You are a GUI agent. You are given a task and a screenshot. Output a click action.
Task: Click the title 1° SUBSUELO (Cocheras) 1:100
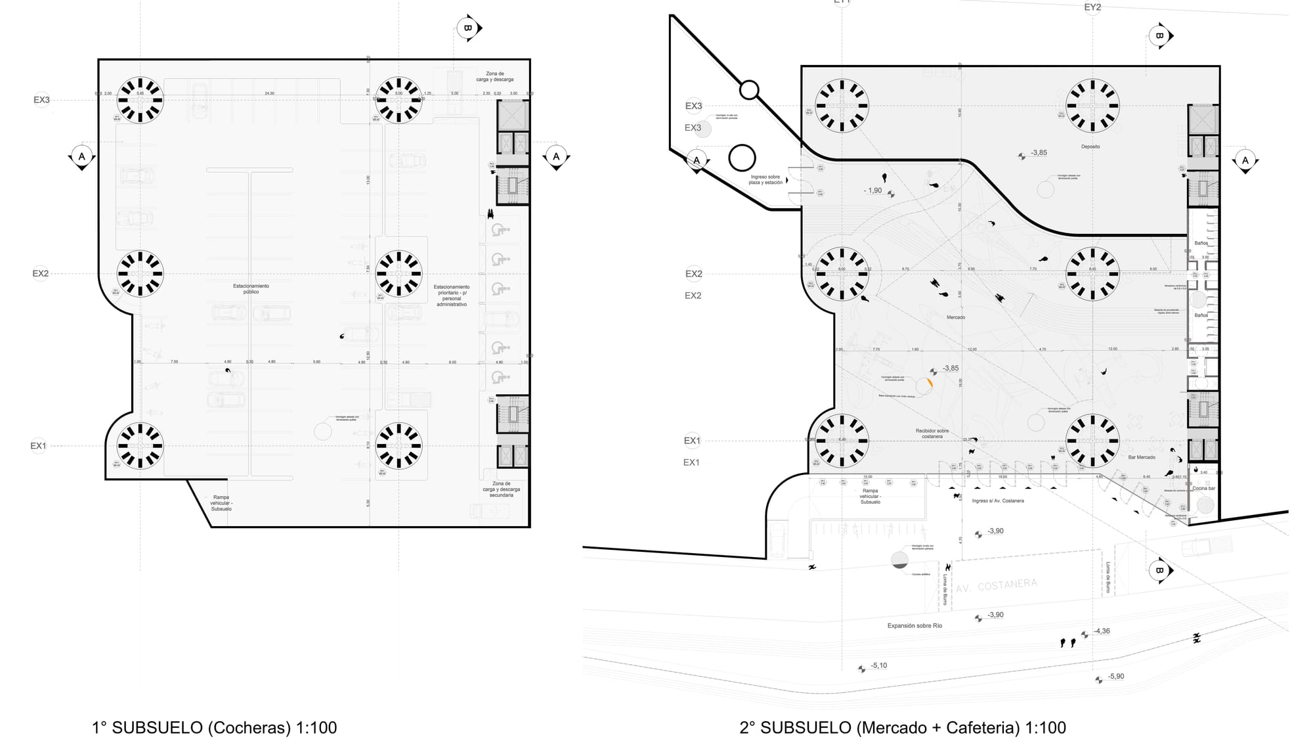pos(214,727)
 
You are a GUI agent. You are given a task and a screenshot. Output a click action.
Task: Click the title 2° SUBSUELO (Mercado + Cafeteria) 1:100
pos(903,727)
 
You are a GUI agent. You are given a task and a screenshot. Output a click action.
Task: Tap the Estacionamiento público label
pos(251,289)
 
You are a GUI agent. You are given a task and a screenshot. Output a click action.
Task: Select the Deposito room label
pos(1090,146)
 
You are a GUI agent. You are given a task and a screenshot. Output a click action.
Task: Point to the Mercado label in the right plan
pos(956,317)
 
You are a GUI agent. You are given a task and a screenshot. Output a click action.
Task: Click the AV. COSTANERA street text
pos(997,585)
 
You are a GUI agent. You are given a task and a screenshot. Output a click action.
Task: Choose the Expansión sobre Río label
pos(915,625)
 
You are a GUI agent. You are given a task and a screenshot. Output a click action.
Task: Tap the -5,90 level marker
pos(1115,677)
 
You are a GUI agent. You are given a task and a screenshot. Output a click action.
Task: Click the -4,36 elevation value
pos(1102,631)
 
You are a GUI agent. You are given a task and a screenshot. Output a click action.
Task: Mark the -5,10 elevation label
pos(878,665)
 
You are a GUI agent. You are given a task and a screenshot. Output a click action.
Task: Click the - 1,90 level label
pos(873,190)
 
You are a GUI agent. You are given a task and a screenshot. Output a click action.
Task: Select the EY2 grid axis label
pos(1092,7)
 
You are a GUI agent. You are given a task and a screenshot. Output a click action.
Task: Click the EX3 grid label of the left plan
pos(41,100)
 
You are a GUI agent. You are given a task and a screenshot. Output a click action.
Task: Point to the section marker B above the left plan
pos(468,28)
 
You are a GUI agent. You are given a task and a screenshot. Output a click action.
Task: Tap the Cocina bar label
pos(1204,488)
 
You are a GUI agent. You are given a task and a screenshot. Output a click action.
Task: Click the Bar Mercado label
pos(1142,457)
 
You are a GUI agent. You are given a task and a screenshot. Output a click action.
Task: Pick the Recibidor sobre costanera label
pos(932,434)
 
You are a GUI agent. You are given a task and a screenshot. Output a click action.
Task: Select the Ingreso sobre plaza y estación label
pos(765,179)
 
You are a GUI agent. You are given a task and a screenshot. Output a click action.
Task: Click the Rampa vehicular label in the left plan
pos(221,503)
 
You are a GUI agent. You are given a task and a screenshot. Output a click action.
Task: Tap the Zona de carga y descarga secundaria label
pos(501,489)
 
